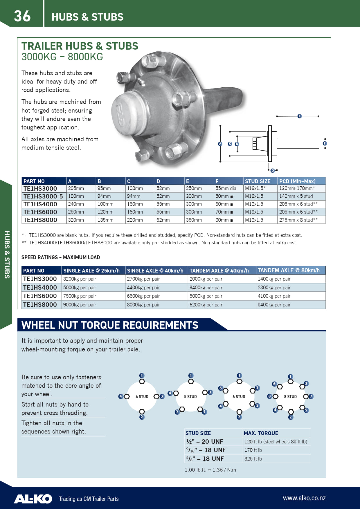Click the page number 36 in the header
click(x=22, y=16)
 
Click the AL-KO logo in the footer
click(x=33, y=499)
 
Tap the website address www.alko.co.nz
click(x=304, y=498)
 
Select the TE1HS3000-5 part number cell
click(x=43, y=196)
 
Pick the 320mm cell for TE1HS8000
click(x=76, y=220)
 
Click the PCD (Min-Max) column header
click(x=297, y=181)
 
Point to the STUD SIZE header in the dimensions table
click(x=258, y=181)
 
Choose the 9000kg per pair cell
click(x=80, y=305)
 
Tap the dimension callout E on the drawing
click(x=300, y=116)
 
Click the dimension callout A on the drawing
click(x=220, y=144)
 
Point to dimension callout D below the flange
click(x=273, y=171)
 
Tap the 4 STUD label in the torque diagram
click(x=142, y=397)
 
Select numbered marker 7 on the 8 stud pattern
click(x=311, y=396)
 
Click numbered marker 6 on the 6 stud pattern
click(x=221, y=388)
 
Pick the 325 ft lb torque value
click(x=253, y=459)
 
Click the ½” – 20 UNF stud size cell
click(x=205, y=442)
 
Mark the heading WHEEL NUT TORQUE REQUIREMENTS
click(x=110, y=325)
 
